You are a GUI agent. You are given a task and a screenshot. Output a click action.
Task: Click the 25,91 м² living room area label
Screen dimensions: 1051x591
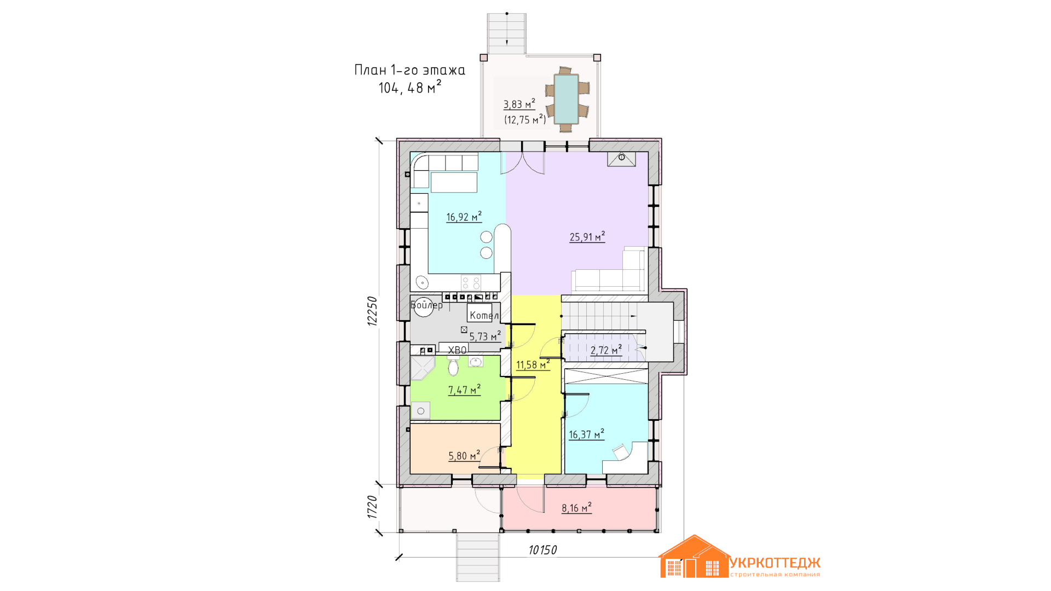click(587, 237)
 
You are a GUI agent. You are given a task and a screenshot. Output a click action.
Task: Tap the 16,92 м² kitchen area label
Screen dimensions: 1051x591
click(464, 217)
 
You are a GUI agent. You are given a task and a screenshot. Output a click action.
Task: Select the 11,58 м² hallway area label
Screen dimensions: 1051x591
click(533, 364)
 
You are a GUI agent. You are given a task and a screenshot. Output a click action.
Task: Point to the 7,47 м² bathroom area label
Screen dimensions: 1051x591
click(464, 390)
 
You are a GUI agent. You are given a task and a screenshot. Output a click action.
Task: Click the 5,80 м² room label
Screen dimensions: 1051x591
click(464, 455)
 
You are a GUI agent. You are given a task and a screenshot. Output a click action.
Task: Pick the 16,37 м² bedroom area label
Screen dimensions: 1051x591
click(586, 434)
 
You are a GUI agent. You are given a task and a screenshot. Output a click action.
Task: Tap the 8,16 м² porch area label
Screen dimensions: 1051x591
click(576, 508)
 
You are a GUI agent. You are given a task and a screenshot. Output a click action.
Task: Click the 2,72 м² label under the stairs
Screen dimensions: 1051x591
click(606, 350)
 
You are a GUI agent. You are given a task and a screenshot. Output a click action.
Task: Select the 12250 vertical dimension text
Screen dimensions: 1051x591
click(372, 311)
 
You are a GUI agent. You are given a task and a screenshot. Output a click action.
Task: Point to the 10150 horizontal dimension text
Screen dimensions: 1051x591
click(542, 550)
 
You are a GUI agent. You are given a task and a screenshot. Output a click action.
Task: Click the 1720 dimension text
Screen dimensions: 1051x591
click(372, 507)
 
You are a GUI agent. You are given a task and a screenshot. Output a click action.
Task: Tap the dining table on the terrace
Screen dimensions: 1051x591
click(566, 99)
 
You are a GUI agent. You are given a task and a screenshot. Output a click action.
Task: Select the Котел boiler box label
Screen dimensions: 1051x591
click(484, 315)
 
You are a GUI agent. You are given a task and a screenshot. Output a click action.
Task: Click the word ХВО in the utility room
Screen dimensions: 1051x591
click(457, 350)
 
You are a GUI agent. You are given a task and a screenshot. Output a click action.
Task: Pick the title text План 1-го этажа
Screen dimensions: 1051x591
click(409, 70)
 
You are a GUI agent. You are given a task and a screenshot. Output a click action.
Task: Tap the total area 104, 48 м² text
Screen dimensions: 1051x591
click(410, 88)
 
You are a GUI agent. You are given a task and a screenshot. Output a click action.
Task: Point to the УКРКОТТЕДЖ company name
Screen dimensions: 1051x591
click(775, 563)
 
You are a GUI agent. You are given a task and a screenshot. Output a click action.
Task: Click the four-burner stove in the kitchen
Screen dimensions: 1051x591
click(471, 282)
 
